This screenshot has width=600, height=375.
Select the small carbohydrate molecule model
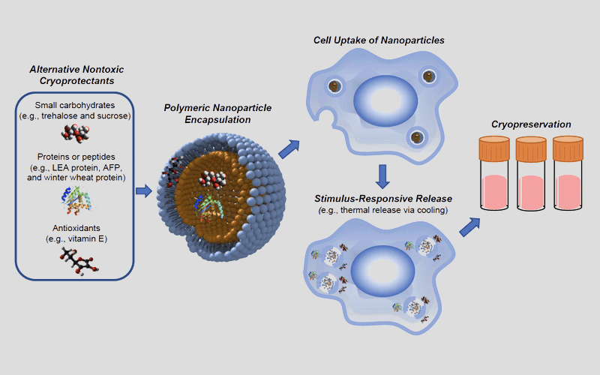tap(75, 135)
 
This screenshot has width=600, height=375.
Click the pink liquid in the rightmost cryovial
tap(568, 193)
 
